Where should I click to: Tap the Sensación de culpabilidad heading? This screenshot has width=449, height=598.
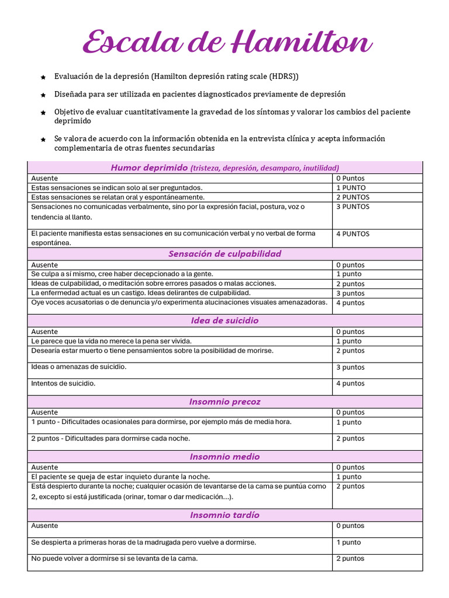coord(224,253)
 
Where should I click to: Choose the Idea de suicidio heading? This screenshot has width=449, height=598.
coord(224,321)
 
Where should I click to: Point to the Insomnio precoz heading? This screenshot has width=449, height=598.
coord(224,402)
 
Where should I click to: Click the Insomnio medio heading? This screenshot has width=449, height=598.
coord(224,457)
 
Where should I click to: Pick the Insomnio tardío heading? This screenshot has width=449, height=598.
coord(224,515)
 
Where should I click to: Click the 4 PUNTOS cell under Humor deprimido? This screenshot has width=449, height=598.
coord(353,234)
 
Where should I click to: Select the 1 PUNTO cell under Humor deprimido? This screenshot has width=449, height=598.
coord(351,188)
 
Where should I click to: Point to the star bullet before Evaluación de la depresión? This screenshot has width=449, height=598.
coord(43,77)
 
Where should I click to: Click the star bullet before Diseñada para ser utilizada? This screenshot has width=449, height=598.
coord(43,95)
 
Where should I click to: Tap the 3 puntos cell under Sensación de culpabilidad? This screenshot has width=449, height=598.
coord(350,293)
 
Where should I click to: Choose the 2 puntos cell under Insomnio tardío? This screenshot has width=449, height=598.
coord(350,559)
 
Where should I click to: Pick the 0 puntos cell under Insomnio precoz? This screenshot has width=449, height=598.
coord(350,412)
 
